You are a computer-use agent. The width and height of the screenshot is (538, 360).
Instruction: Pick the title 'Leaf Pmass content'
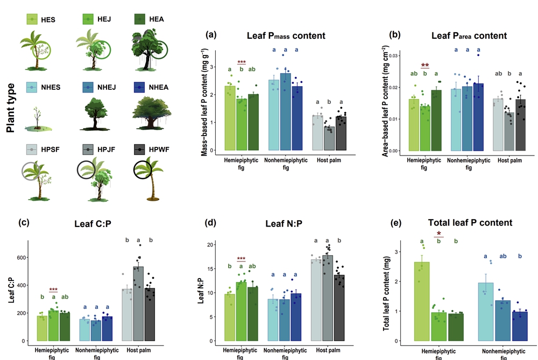286,36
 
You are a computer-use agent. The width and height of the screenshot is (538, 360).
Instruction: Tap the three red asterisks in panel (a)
241,62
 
